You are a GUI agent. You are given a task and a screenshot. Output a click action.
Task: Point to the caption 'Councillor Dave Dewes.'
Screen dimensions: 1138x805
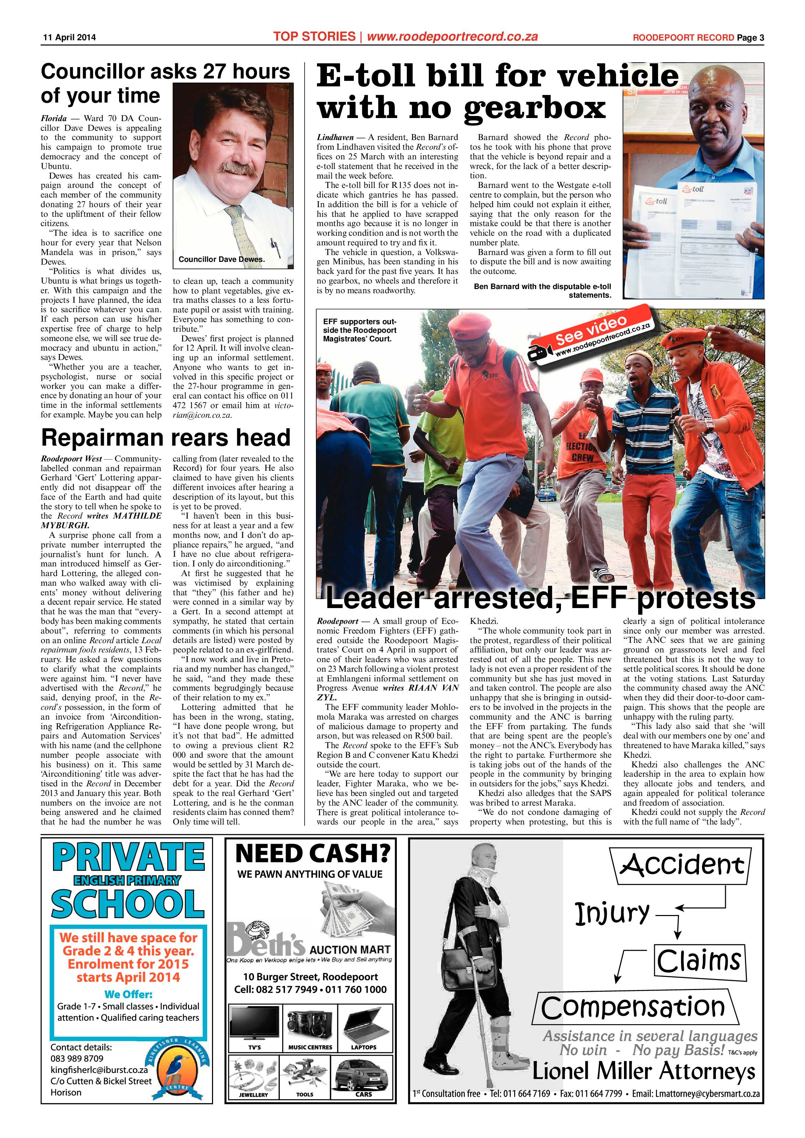pos(222,259)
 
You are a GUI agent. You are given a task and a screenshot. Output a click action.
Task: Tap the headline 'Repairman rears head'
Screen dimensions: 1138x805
pos(166,438)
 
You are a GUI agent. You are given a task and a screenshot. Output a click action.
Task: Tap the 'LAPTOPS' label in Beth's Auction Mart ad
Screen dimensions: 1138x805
pos(364,1047)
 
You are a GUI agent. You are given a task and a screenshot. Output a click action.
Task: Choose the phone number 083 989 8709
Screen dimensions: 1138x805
pos(77,1058)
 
